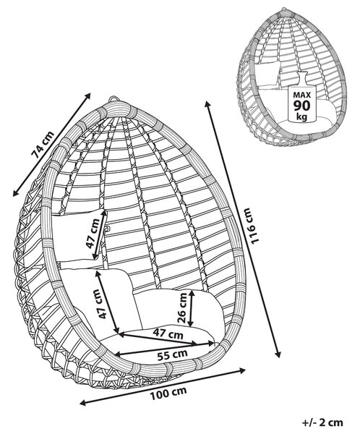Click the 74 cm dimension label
point(43,145)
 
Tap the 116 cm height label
point(252,226)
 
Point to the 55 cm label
point(172,354)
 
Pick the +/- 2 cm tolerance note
point(322,422)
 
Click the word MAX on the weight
point(302,95)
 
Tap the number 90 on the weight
point(302,106)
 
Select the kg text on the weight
point(302,116)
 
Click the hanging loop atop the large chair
point(113,99)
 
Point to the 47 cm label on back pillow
point(92,233)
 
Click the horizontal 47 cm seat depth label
point(168,333)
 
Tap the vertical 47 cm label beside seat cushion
point(103,304)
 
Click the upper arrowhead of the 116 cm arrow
point(207,103)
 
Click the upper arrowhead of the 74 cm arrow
point(88,95)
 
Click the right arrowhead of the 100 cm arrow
point(242,370)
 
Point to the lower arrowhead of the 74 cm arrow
point(15,193)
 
